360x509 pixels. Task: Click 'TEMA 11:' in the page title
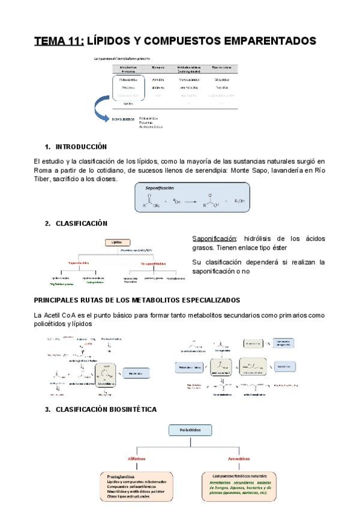pyautogui.click(x=58, y=41)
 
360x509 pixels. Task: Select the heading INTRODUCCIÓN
pyautogui.click(x=81, y=146)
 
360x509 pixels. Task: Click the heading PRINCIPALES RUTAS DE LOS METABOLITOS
pyautogui.click(x=137, y=300)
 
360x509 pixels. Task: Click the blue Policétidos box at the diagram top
pyautogui.click(x=187, y=431)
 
